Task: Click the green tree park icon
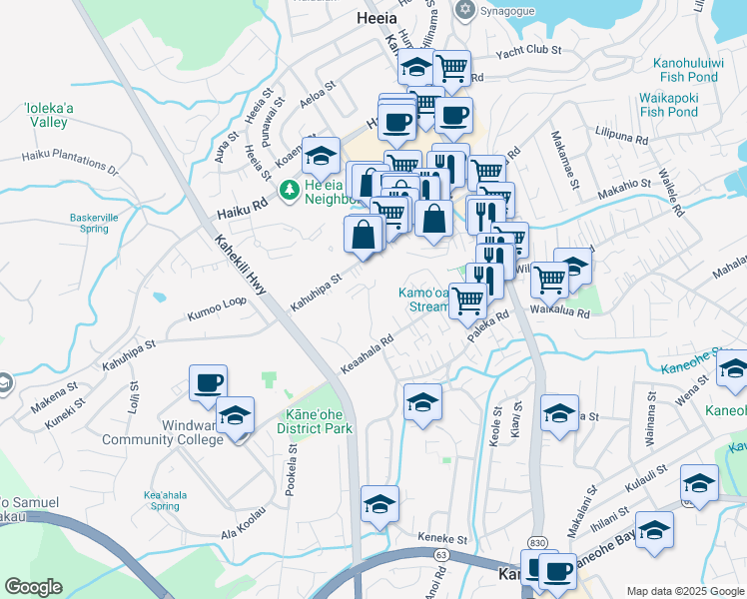click(x=289, y=189)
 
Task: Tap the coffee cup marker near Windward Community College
click(x=208, y=382)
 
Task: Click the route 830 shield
click(x=537, y=540)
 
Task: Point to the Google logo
click(x=32, y=587)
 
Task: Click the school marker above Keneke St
click(x=379, y=504)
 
